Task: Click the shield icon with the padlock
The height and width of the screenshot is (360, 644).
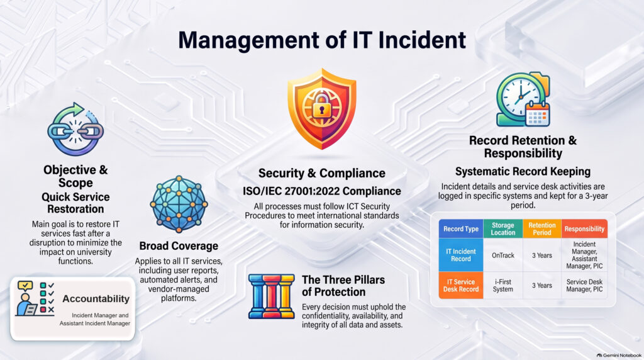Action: coord(321,108)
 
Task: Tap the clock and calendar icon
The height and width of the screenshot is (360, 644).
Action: coord(523,99)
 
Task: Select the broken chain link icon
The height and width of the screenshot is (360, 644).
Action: coord(75,129)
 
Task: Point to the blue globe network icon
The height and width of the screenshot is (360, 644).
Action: coord(179,205)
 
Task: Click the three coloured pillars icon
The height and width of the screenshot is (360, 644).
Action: coord(272,296)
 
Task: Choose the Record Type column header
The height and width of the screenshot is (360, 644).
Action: coord(461,229)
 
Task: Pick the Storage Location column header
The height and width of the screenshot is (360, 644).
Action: coord(502,229)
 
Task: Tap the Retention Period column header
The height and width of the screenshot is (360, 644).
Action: coord(541,229)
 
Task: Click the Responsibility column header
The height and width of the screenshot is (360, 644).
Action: coord(584,229)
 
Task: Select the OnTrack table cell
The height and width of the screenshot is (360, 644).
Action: coord(502,255)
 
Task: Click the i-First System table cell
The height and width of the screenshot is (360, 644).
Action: coord(502,285)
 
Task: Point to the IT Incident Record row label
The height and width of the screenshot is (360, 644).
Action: coord(461,255)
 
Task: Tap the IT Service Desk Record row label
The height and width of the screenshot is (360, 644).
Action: coord(461,285)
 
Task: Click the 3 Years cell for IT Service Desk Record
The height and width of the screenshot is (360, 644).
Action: coord(541,285)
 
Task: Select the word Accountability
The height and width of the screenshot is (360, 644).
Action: coord(96,299)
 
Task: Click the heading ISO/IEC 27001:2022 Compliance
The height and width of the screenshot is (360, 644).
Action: coord(321,191)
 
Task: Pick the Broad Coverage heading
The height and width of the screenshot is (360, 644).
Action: coord(179,245)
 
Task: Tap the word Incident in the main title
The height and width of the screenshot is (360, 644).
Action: coord(422,40)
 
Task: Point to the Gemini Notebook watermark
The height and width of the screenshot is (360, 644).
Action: coord(619,355)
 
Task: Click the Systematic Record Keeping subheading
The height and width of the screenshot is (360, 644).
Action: coord(523,171)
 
